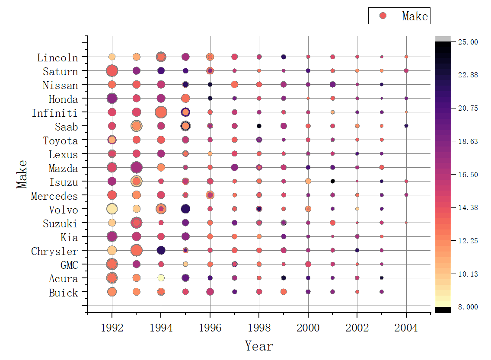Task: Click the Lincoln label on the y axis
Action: tap(57, 57)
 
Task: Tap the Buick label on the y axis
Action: tap(63, 293)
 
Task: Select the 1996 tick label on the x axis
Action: tap(210, 328)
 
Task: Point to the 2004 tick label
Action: tap(406, 328)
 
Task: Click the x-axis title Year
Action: tap(259, 346)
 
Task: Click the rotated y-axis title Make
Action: tap(22, 174)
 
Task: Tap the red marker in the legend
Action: tap(383, 16)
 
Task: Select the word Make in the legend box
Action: tap(414, 16)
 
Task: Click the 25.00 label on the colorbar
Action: tap(468, 42)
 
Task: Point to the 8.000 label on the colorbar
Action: tap(468, 307)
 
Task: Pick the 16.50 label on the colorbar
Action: tap(468, 175)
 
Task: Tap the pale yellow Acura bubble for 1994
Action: tap(161, 278)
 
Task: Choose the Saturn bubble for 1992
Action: tap(112, 70)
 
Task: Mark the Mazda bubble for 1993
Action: tap(137, 167)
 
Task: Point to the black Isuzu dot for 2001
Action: tap(332, 181)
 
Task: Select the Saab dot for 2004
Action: tap(406, 126)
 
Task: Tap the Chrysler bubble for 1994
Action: tap(161, 250)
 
